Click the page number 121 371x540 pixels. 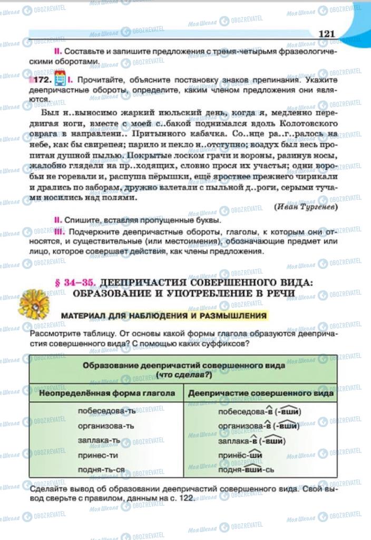coord(327,34)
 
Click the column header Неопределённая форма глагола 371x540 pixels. coord(106,393)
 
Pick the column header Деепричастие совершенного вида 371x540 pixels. coord(261,393)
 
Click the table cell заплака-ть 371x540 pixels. coord(99,440)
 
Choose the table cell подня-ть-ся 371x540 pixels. coord(101,469)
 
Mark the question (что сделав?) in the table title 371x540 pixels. coord(184,374)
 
